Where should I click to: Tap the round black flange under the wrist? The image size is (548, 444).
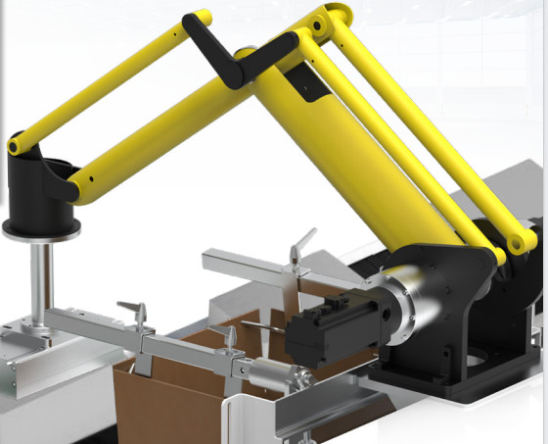click(x=40, y=227)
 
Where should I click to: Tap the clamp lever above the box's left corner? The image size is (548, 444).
click(x=231, y=338)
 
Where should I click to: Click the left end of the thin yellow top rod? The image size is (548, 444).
click(x=17, y=145)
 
